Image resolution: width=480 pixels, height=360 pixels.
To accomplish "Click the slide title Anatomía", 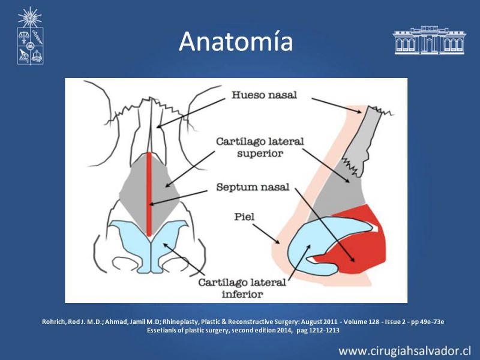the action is point(236,41).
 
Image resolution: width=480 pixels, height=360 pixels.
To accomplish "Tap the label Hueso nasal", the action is point(264,95).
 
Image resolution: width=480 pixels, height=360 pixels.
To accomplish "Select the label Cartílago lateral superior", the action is point(260,147).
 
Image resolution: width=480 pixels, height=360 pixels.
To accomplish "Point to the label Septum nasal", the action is point(253,187).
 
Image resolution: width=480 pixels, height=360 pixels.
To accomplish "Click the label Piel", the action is point(244,217).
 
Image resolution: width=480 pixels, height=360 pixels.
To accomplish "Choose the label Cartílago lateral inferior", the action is point(242,288).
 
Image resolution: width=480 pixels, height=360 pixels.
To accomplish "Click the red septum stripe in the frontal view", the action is point(149,194).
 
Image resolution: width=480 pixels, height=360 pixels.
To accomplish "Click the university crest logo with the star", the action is point(29,36).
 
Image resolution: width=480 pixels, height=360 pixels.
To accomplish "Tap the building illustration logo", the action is point(429,40).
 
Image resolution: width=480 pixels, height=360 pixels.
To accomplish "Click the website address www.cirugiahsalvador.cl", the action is point(404,351).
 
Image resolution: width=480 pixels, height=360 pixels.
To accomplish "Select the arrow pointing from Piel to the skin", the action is point(266,233).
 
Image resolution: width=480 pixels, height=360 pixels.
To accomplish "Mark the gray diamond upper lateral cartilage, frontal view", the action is point(149,193).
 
